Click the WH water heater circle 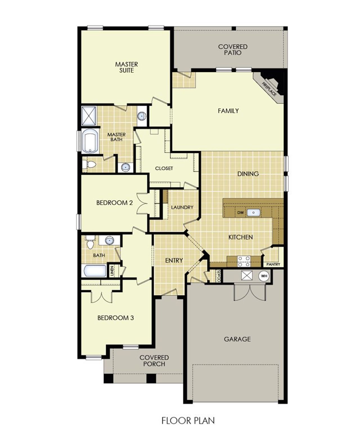pos(264,276)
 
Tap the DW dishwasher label pos(240,213)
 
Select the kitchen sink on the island pos(253,213)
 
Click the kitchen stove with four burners pos(244,261)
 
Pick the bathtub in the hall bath pos(95,271)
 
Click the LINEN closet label pos(112,271)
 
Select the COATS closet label pos(219,276)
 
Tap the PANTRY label pos(273,264)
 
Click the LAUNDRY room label pos(182,207)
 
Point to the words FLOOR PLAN pos(188,420)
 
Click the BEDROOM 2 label pos(114,202)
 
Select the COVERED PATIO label pos(233,49)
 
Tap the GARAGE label pos(237,339)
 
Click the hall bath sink pos(109,240)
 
